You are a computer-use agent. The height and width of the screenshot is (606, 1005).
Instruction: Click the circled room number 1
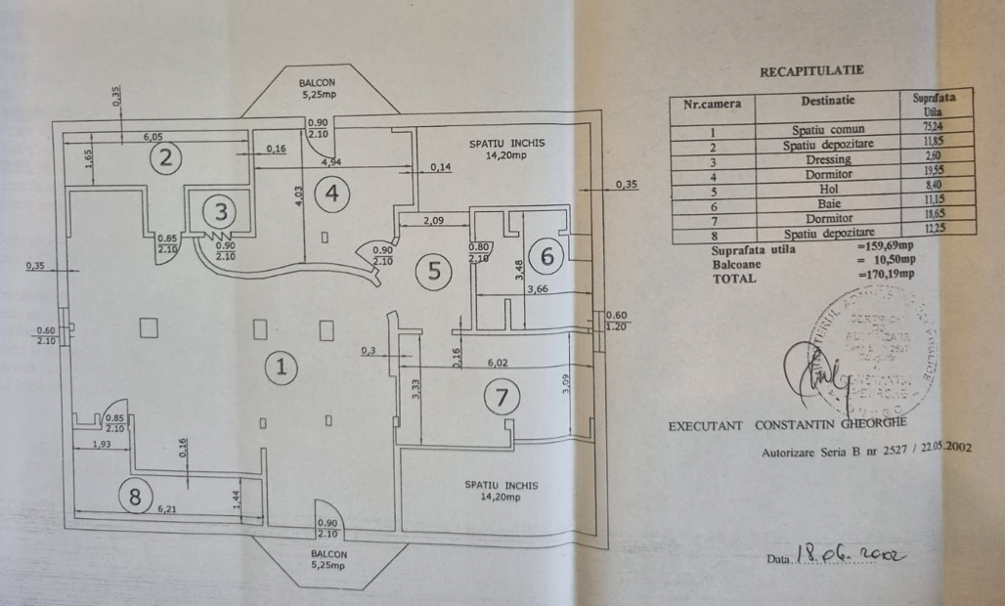tap(281, 368)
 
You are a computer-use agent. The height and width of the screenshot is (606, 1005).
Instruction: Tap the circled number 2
tap(166, 156)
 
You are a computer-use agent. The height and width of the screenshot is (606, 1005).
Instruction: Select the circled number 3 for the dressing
tap(222, 209)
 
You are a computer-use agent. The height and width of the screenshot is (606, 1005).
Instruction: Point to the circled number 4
tap(332, 193)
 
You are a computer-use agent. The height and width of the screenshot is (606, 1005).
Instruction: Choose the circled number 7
tap(502, 396)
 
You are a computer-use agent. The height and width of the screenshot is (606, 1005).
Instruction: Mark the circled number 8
tap(135, 496)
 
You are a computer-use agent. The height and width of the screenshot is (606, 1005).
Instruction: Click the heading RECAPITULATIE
tap(810, 71)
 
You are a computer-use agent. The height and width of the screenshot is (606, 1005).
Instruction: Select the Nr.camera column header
tap(712, 103)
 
